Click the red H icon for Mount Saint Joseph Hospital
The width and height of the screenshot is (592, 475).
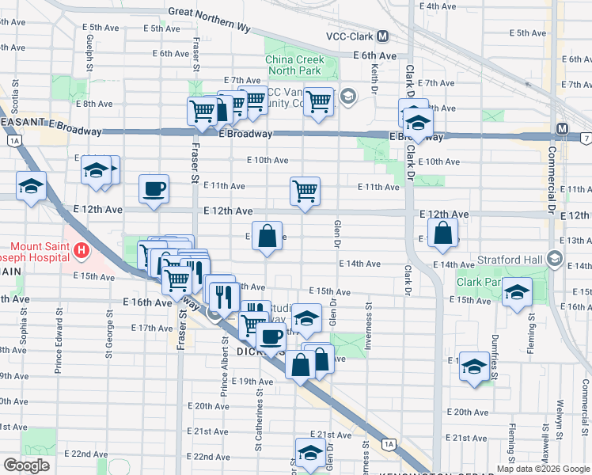tap(80, 252)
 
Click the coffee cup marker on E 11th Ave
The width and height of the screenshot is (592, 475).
tap(154, 189)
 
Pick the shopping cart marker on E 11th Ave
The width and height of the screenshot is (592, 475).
tap(305, 191)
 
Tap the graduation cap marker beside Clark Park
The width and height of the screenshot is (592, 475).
tap(517, 292)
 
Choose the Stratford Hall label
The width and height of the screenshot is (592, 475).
tap(511, 259)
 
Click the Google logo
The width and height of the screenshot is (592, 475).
tap(26, 466)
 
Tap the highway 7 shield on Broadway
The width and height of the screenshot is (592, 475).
tap(586, 139)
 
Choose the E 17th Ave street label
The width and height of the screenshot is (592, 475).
tap(151, 328)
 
